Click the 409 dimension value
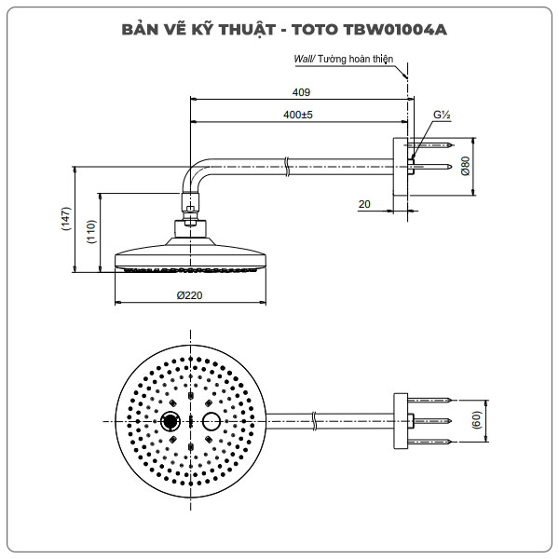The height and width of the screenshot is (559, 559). [x=300, y=92]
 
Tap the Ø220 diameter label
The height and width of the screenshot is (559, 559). [x=190, y=295]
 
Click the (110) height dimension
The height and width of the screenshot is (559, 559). [x=91, y=233]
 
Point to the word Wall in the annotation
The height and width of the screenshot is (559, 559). [x=303, y=58]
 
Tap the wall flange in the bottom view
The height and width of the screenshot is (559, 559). [x=402, y=422]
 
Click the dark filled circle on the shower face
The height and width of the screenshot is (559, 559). [x=172, y=422]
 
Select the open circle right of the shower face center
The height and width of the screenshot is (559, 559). [x=211, y=422]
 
